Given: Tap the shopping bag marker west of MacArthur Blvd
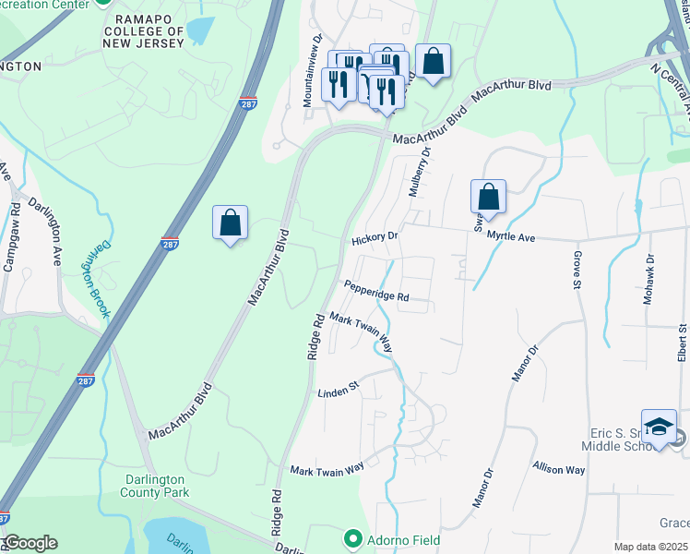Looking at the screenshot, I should [230, 223].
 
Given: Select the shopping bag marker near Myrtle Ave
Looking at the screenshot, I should [488, 197].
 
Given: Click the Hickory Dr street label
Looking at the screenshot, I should [374, 238].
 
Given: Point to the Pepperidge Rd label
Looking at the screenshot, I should [375, 292].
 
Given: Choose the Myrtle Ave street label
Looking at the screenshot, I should [510, 237].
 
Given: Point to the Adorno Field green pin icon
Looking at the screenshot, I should [351, 539].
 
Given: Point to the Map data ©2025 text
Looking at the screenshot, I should [649, 547].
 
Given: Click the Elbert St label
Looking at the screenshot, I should [682, 343].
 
